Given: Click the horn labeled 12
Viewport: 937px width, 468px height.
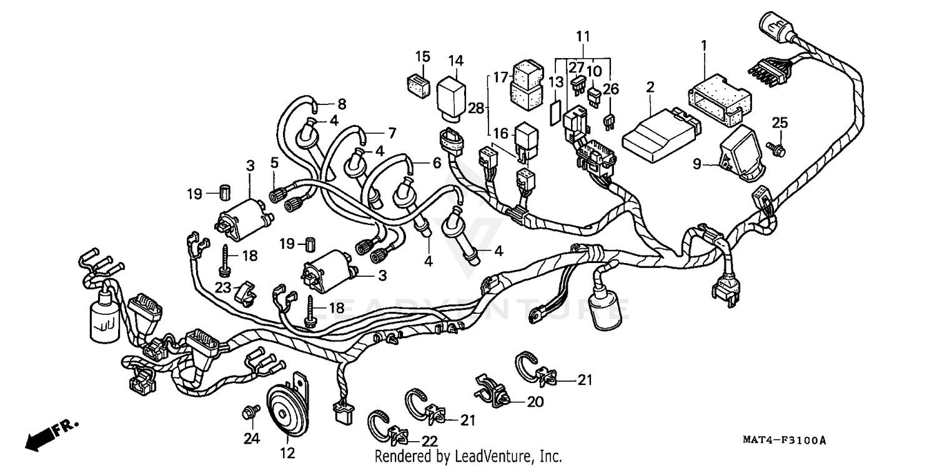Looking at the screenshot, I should click(289, 412).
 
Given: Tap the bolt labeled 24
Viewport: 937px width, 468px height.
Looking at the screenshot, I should click(249, 412).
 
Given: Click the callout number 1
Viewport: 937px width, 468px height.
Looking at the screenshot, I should click(703, 45).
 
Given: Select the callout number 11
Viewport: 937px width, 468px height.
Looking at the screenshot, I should click(582, 36).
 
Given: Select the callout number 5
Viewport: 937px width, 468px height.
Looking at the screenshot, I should click(274, 162).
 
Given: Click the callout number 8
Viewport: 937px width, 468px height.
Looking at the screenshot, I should click(342, 104).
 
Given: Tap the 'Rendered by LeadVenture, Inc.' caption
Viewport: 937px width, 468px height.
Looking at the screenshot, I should click(468, 457).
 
